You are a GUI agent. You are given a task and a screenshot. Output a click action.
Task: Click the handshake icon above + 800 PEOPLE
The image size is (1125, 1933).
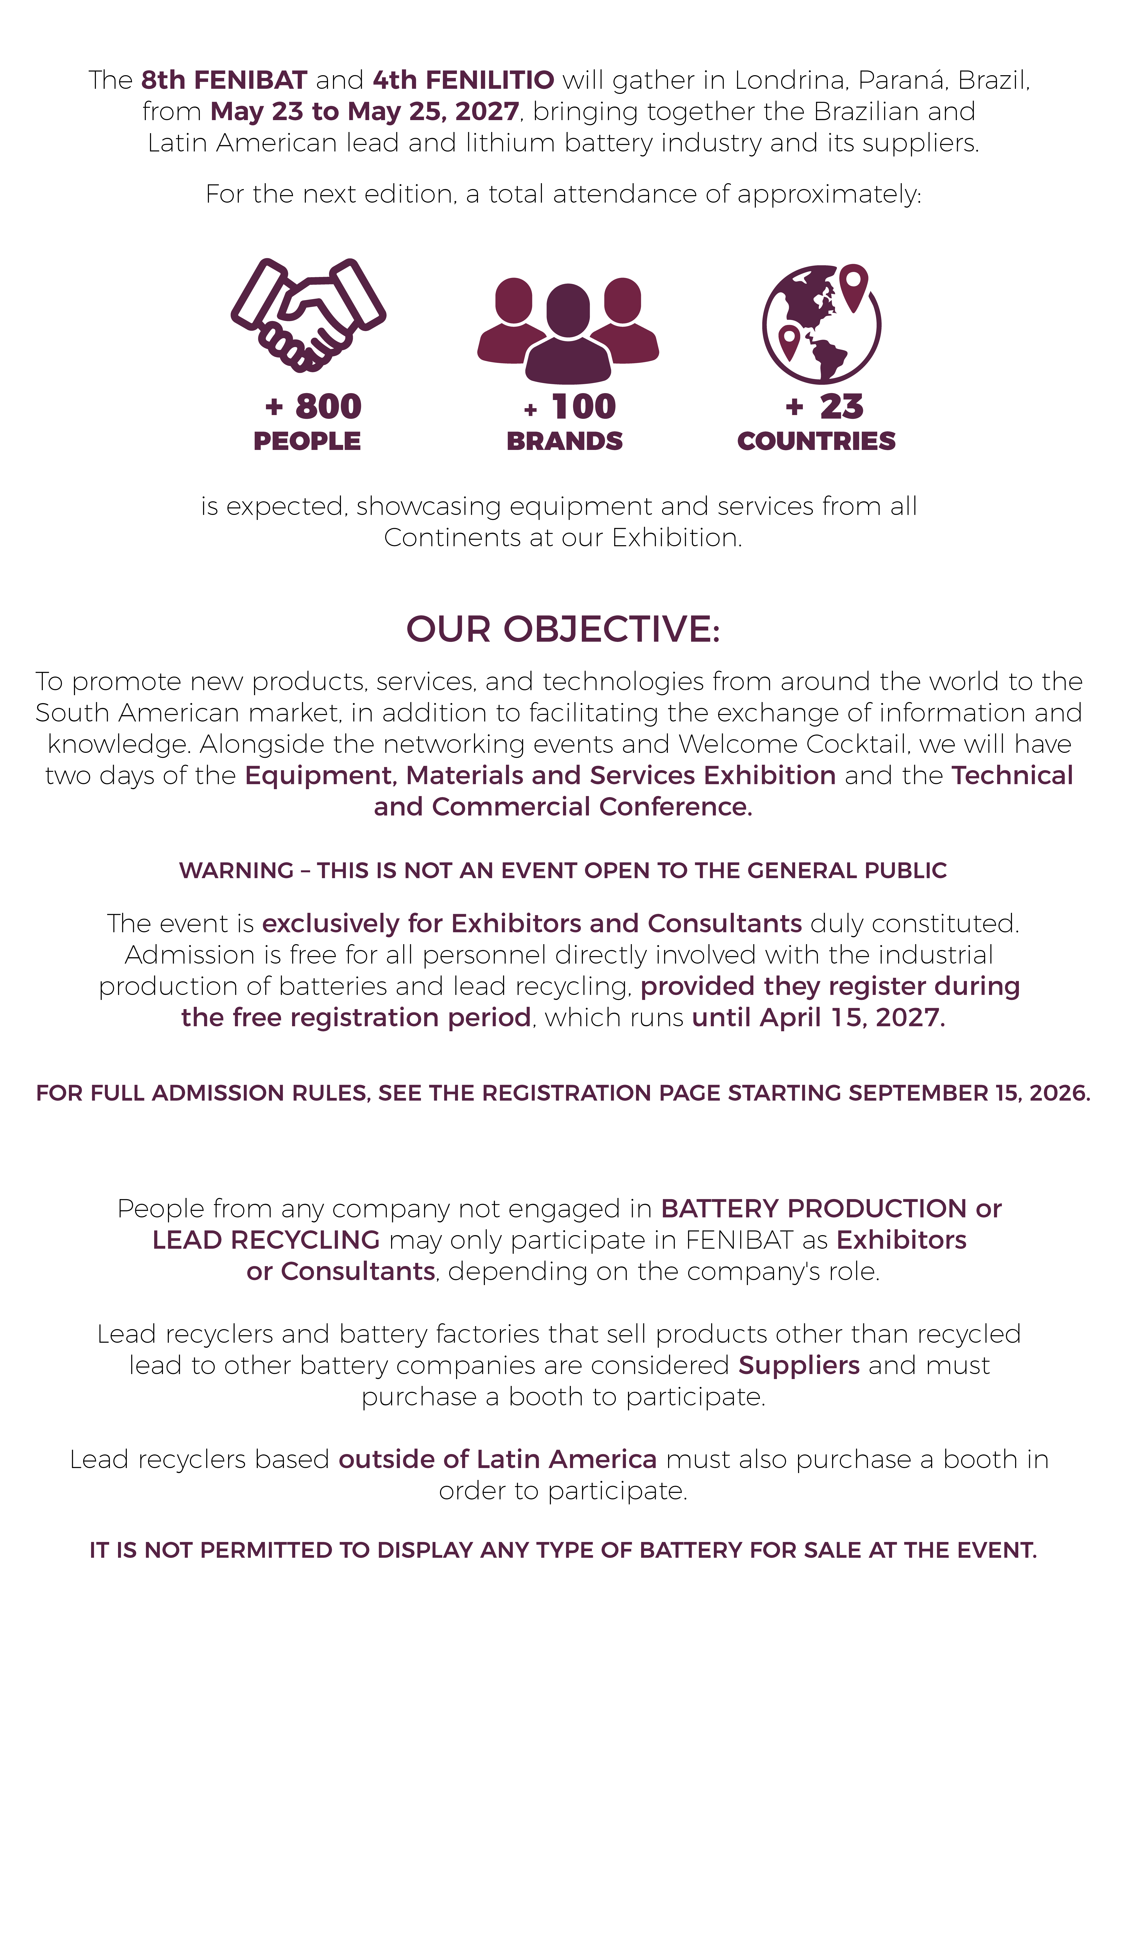[308, 315]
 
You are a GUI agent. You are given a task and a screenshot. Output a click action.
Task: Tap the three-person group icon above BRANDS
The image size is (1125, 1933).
[568, 330]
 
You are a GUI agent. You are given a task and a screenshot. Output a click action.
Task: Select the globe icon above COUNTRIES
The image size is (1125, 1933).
[821, 324]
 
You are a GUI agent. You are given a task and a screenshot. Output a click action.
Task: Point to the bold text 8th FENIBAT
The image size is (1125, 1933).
[224, 80]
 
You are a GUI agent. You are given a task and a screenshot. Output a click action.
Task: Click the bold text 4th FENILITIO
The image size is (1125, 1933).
[464, 80]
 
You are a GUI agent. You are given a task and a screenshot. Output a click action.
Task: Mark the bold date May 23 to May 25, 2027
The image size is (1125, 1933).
[365, 111]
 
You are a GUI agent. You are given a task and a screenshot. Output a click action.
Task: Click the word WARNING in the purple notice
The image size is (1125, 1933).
[236, 871]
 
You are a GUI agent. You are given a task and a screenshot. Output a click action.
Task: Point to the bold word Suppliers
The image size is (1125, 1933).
[799, 1365]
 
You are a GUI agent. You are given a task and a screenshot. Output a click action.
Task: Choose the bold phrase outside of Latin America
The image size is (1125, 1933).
[497, 1459]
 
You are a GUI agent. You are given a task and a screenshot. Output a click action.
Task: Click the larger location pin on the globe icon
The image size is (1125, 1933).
[853, 285]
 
